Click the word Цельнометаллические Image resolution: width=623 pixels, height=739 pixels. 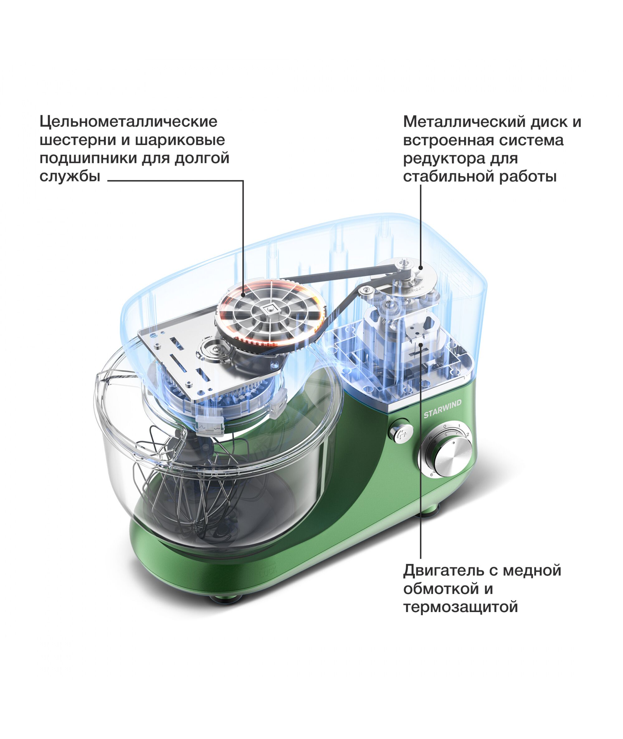[x=128, y=122]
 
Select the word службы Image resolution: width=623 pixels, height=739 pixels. [x=70, y=176]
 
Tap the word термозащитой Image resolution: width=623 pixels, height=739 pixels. [x=460, y=607]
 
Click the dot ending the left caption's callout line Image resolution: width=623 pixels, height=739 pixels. [x=243, y=295]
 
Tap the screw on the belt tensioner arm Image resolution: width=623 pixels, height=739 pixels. [x=366, y=290]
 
